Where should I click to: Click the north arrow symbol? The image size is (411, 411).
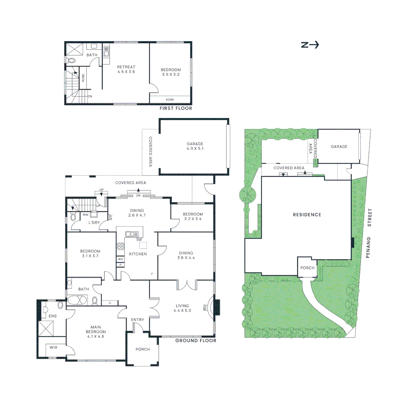pos(310,45)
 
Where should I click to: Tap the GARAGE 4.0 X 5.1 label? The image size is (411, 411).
pos(194,147)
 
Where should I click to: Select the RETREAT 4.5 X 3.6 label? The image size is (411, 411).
pos(126,69)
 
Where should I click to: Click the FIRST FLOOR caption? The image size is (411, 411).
pos(176,108)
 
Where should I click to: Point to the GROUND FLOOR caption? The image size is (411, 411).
pos(196,341)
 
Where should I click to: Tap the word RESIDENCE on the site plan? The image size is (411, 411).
pos(307,215)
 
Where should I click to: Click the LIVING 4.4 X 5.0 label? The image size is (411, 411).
pos(183,308)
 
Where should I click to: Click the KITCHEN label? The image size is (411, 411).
pos(138,254)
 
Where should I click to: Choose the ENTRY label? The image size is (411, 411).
pos(137,320)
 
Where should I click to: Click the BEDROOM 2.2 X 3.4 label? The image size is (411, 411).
pos(193,217)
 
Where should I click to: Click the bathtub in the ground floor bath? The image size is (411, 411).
pos(79,301)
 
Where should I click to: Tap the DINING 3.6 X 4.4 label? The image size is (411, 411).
pos(186,255)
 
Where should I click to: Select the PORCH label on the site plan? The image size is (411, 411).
pos(307,268)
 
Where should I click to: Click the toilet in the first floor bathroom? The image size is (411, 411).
pos(71,60)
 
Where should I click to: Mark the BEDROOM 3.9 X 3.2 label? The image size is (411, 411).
pos(170,72)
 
